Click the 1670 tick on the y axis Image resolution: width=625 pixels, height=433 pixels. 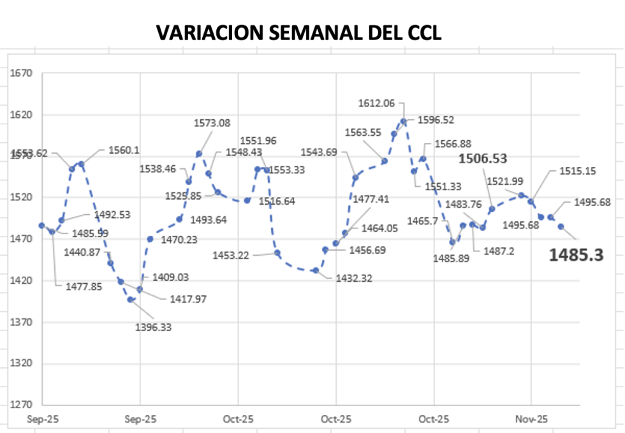21,73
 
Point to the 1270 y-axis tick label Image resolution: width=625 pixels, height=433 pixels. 21,406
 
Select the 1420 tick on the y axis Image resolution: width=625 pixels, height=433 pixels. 21,281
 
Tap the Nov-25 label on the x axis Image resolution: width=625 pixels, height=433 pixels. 531,420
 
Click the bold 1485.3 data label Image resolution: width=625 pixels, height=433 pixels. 576,255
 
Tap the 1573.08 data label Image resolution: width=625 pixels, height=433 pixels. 214,123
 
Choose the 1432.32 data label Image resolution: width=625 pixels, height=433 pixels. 353,278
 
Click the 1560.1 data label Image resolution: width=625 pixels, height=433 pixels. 124,150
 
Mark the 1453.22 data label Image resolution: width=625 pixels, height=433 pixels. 232,254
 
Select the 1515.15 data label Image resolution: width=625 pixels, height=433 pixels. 577,171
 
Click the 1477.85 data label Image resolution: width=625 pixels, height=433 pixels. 84,286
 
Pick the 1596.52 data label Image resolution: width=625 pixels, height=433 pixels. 436,119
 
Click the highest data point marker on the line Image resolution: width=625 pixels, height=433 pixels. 403,121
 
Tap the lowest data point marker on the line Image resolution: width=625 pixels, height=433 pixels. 130,299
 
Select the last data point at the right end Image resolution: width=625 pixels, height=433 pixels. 561,226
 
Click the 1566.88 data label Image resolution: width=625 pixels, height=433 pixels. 453,144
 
